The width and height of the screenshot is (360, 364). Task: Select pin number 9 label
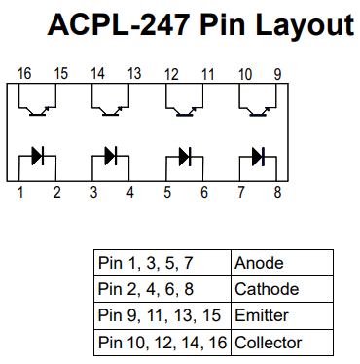coord(277,73)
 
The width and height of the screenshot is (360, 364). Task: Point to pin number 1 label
coord(20,193)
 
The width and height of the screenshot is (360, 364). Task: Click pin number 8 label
coord(277,193)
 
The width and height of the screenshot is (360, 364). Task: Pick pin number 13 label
coord(133,73)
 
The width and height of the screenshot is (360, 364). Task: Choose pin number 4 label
coord(130,193)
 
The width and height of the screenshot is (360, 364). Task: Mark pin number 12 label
coord(171,73)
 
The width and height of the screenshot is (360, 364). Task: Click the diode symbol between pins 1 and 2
coord(39,155)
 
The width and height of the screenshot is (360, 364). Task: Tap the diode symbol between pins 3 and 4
coord(112,155)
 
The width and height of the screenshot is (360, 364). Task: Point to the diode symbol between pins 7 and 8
coord(259,155)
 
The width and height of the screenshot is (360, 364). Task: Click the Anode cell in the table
coord(282,263)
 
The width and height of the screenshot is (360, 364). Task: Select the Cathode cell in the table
coord(282,289)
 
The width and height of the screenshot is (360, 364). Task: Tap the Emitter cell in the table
coord(282,315)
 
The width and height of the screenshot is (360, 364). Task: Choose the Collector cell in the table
coord(282,343)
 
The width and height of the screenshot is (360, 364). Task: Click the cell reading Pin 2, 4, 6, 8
coord(162,289)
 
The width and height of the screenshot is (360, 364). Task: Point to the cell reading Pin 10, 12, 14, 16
coord(162,343)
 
